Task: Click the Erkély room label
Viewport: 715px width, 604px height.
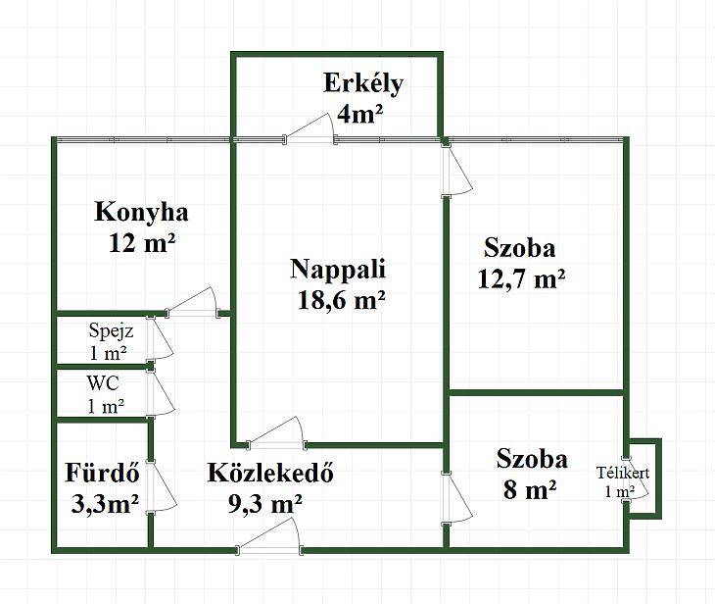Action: [363, 85]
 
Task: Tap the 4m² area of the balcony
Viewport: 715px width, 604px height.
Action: [359, 114]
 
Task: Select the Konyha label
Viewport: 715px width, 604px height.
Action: [141, 213]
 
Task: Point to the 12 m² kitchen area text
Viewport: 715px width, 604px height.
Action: [142, 243]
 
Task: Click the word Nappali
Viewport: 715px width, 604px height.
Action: [338, 270]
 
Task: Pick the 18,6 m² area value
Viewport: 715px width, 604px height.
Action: [342, 300]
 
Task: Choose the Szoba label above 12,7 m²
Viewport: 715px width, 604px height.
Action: [520, 248]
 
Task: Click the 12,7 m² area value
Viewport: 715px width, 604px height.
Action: [522, 278]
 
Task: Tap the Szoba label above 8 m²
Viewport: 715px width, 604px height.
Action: [532, 459]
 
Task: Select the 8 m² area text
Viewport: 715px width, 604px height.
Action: [530, 490]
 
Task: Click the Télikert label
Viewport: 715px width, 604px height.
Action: [623, 473]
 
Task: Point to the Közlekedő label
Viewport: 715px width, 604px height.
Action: [270, 472]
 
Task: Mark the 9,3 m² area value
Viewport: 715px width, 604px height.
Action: [264, 504]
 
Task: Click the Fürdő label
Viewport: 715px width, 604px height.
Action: [102, 472]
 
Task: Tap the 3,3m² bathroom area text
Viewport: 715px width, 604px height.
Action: [106, 504]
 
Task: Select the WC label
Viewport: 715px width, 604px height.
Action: [104, 383]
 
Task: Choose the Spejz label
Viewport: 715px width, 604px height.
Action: [112, 330]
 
